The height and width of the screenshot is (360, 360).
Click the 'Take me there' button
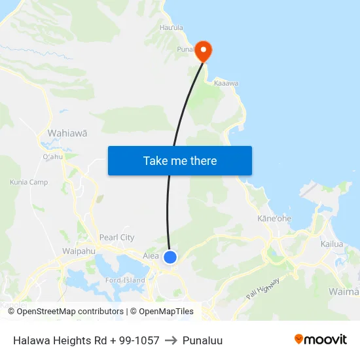pyautogui.click(x=180, y=160)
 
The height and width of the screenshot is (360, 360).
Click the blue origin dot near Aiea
pyautogui.click(x=170, y=257)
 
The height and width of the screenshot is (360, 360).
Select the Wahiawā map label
pyautogui.click(x=67, y=133)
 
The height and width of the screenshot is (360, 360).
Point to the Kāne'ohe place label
pyautogui.click(x=274, y=218)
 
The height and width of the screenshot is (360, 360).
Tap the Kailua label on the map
pyautogui.click(x=332, y=243)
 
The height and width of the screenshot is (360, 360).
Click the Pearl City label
pyautogui.click(x=117, y=238)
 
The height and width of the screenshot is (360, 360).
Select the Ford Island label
pyautogui.click(x=125, y=281)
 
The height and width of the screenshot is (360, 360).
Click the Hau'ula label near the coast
pyautogui.click(x=171, y=27)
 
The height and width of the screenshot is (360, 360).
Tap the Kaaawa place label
pyautogui.click(x=226, y=84)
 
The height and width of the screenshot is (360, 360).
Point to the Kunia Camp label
pyautogui.click(x=29, y=182)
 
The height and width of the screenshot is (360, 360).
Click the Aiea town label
pyautogui.click(x=151, y=256)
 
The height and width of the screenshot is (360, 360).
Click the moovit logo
pyautogui.click(x=321, y=340)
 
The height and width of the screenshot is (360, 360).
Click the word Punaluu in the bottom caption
pyautogui.click(x=203, y=340)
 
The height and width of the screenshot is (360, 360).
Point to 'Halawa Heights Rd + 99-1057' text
pyautogui.click(x=86, y=340)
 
